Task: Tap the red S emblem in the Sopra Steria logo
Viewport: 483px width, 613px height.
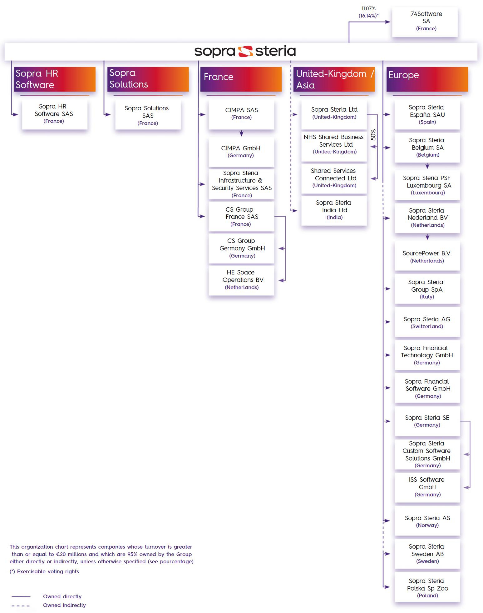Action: click(x=245, y=51)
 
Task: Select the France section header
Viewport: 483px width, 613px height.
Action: click(x=241, y=79)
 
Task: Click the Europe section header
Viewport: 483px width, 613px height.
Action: click(x=427, y=79)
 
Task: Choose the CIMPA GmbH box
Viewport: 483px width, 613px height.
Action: click(x=241, y=152)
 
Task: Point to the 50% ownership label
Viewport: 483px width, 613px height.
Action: click(x=373, y=135)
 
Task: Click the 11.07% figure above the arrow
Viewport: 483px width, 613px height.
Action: click(x=368, y=8)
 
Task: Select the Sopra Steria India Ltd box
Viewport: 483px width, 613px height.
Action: click(x=334, y=210)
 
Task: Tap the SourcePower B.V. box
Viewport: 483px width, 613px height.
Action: click(x=427, y=256)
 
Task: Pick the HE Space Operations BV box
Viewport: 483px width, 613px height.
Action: click(x=241, y=280)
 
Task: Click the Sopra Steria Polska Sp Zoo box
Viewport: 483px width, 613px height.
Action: click(x=427, y=587)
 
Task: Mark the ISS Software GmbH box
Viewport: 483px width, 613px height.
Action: click(x=427, y=487)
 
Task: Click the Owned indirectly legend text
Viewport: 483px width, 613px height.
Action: click(x=64, y=605)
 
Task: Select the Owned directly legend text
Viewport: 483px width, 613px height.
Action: click(x=62, y=596)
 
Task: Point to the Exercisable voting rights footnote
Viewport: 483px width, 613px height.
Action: click(x=44, y=571)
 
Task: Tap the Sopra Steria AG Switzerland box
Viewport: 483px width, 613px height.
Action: click(x=427, y=322)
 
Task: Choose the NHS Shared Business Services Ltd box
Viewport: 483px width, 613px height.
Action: click(x=334, y=144)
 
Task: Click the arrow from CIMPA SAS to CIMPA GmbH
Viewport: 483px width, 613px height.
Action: click(x=241, y=133)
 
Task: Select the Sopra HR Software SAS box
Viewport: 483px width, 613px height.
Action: click(x=55, y=114)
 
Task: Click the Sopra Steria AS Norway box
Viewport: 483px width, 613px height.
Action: click(x=427, y=521)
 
